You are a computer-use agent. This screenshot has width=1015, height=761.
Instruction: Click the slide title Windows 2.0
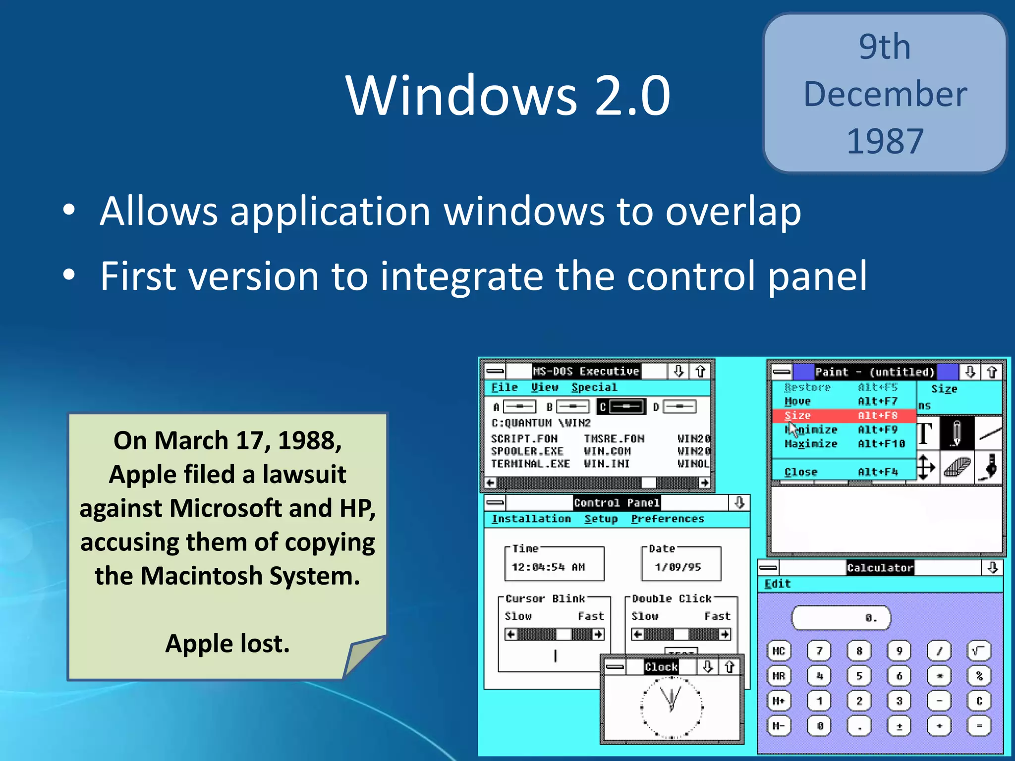(507, 95)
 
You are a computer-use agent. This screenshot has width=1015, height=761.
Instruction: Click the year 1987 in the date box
(885, 141)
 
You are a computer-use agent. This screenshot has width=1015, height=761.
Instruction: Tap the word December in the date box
(885, 94)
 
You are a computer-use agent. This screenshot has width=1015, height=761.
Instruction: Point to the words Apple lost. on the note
(227, 644)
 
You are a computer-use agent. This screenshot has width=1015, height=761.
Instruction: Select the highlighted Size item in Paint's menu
(843, 416)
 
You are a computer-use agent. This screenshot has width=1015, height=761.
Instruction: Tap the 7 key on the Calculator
(819, 651)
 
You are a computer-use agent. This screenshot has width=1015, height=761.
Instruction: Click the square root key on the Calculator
(979, 651)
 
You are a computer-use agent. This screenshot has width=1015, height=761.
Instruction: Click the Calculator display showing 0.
(841, 618)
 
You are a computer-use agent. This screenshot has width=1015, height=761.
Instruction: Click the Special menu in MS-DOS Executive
(594, 387)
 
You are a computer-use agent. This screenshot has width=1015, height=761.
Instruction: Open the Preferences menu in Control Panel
(667, 519)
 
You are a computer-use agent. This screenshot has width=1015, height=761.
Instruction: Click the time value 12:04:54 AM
(548, 567)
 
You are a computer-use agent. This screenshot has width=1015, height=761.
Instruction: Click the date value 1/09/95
(677, 567)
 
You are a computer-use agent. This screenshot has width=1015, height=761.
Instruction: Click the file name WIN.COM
(607, 451)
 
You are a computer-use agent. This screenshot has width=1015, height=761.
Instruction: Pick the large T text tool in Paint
(925, 434)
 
